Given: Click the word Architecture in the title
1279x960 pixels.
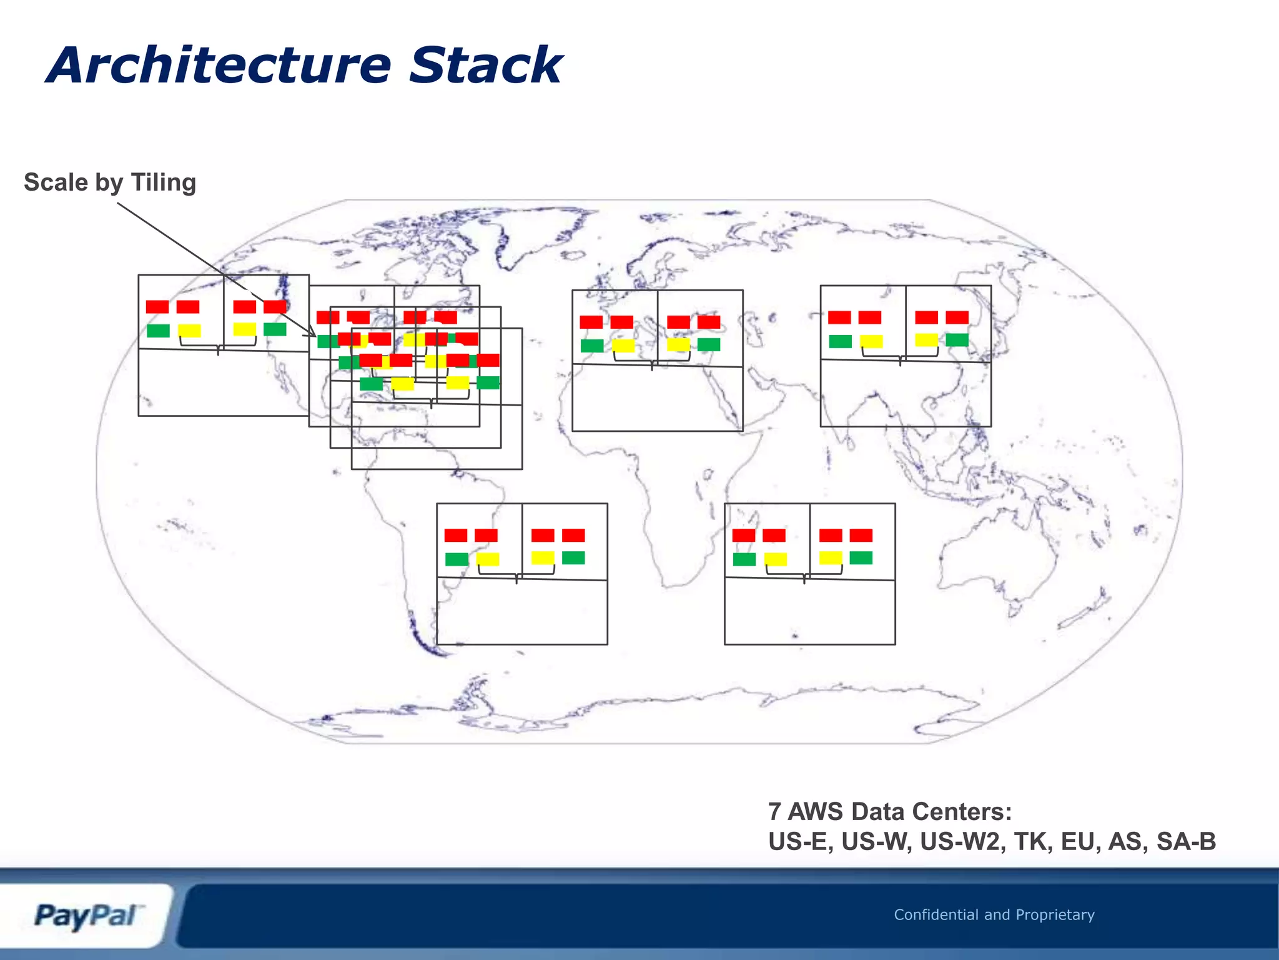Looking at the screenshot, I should pos(219,66).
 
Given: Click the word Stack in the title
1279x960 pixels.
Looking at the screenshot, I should pos(486,66).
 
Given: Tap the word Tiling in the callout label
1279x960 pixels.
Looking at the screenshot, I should pos(163,182).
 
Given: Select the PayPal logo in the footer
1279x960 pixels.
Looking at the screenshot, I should pos(86,916).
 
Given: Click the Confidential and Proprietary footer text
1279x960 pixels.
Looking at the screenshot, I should pos(994,914).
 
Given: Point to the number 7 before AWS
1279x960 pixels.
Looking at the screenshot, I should pos(774,812).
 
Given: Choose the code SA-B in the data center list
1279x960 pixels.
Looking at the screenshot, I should pos(1186,841).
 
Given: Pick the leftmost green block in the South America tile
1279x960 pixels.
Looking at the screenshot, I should pos(457,559).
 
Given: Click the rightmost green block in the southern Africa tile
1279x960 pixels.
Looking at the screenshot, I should pos(861,557).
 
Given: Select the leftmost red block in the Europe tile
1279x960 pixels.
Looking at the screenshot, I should pos(591,322).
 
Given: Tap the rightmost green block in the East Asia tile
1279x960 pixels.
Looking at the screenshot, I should pos(957,340).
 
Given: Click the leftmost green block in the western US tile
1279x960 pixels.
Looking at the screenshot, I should pos(158,331).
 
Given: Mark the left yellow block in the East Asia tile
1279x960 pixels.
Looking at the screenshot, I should pos(871,341).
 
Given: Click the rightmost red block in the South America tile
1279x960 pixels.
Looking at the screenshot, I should pos(573,535).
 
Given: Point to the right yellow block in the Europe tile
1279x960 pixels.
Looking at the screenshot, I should pos(678,344).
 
